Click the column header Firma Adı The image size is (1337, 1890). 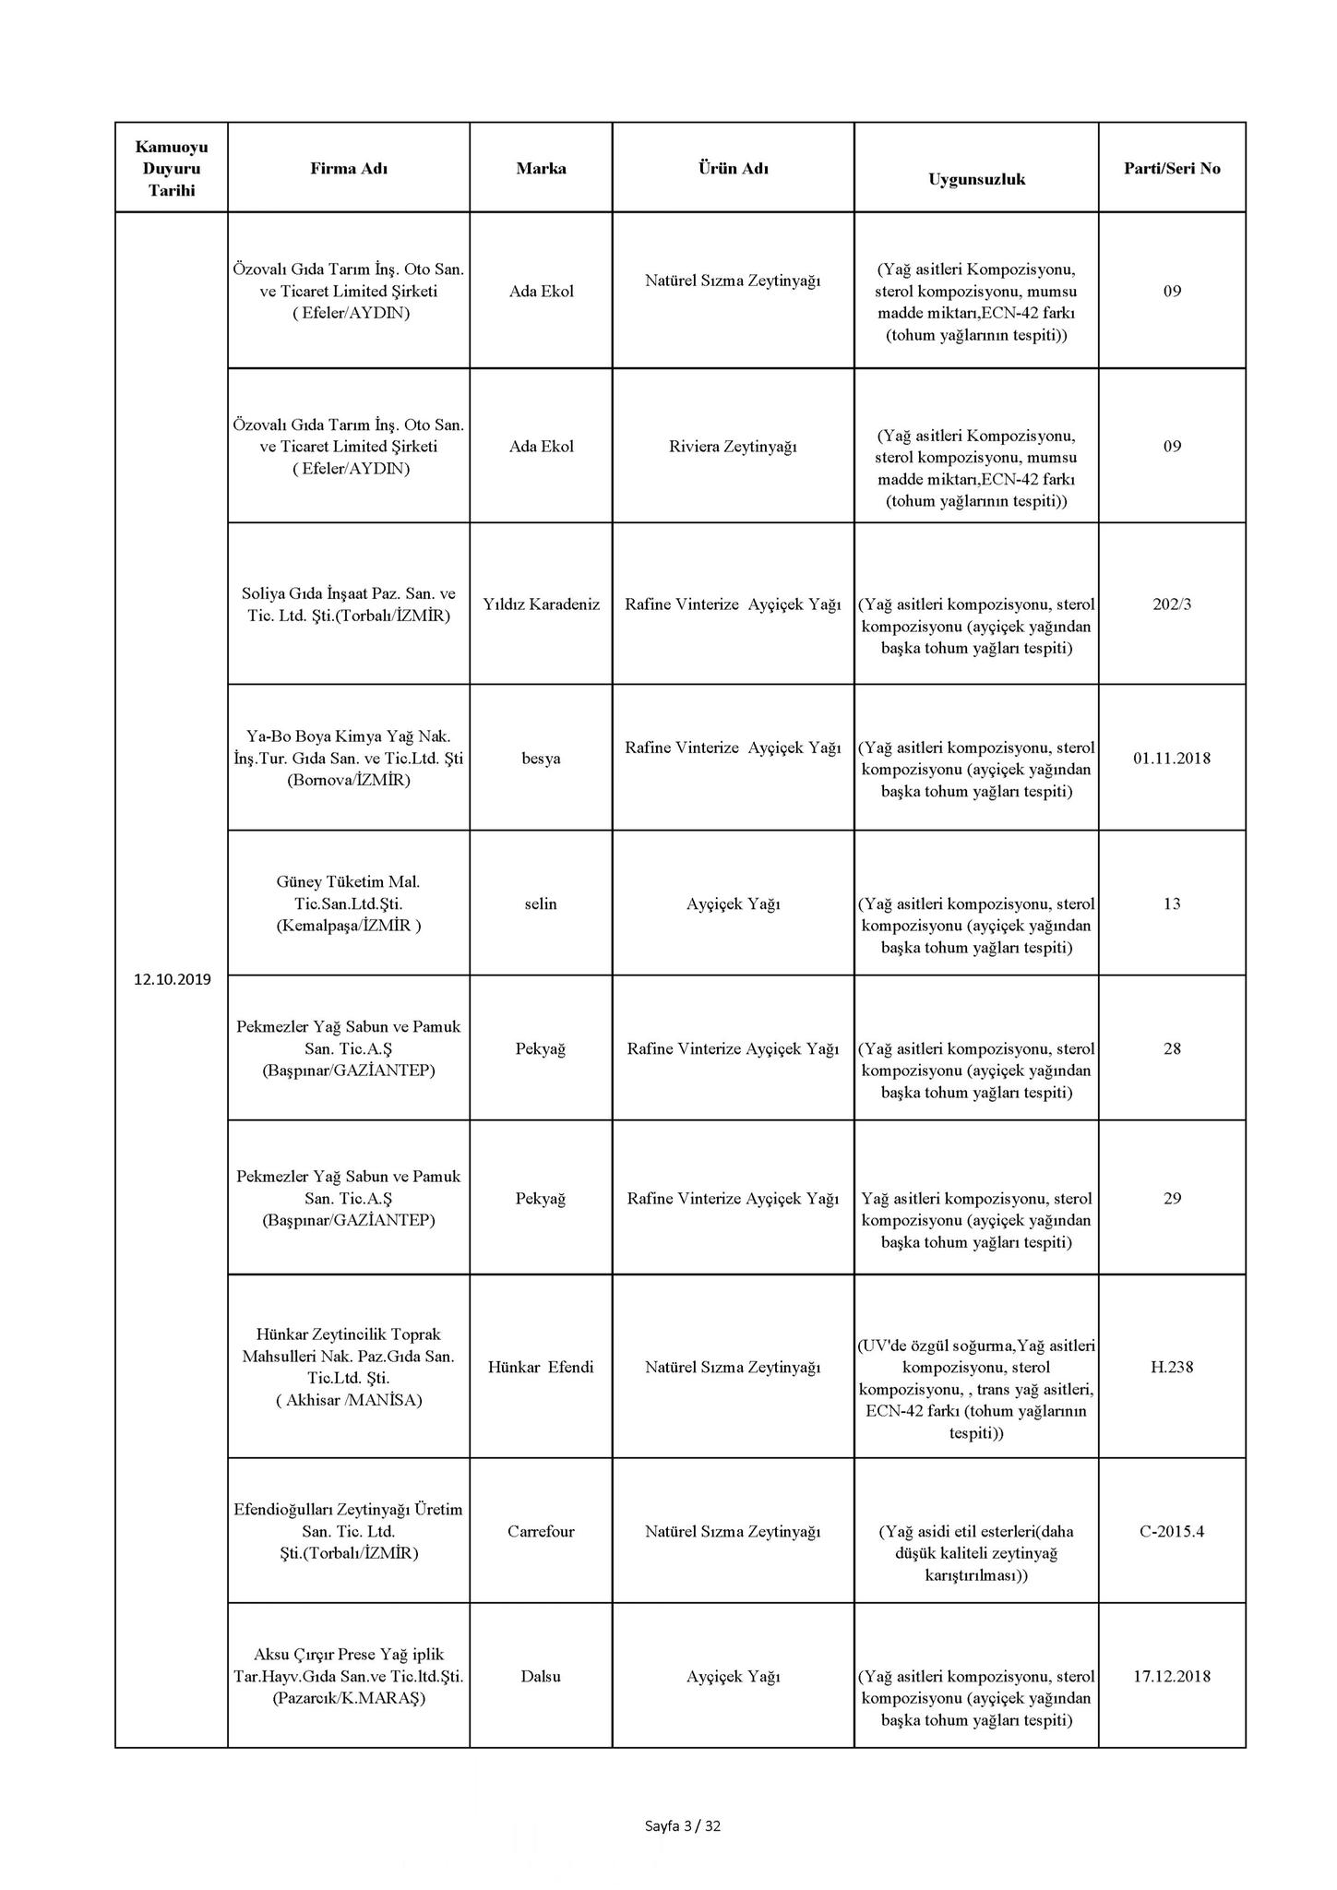click(349, 168)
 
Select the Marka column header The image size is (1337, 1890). click(541, 168)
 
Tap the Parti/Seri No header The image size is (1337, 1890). click(1172, 168)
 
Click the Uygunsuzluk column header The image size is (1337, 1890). click(976, 179)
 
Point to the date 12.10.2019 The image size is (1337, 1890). click(172, 979)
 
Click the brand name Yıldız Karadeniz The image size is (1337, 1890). click(541, 604)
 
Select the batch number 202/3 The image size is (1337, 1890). click(1172, 604)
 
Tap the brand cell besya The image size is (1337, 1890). click(541, 759)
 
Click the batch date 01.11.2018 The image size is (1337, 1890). click(1172, 759)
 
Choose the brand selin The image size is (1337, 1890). click(541, 903)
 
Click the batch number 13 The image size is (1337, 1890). click(1172, 903)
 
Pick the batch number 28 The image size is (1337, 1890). click(1172, 1048)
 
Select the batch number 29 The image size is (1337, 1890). click(1172, 1199)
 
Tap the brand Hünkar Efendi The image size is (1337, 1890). click(541, 1367)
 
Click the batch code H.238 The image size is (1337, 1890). click(1172, 1367)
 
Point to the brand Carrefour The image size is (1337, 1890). click(541, 1531)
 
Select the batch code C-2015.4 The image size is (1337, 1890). click(1172, 1531)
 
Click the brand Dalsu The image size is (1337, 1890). click(541, 1676)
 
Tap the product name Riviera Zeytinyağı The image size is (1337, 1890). click(733, 447)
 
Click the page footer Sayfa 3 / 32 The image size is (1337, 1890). click(683, 1824)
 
